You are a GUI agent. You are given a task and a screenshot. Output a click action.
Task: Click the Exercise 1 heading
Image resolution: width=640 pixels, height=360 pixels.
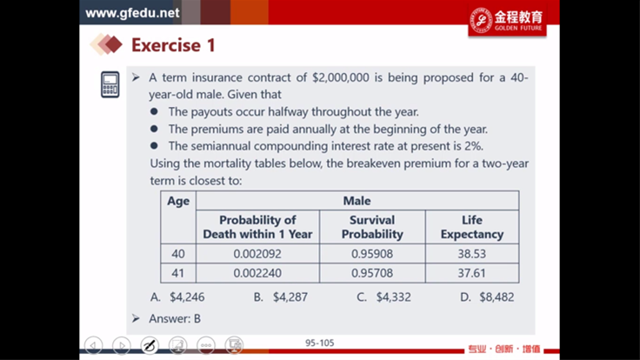click(x=173, y=45)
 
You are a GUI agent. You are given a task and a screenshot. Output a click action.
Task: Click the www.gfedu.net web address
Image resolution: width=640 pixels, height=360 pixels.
click(x=132, y=13)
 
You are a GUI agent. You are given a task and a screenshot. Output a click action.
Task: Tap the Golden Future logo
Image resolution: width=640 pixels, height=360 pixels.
click(x=507, y=20)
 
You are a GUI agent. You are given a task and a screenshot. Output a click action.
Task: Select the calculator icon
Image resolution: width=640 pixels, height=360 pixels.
click(x=110, y=84)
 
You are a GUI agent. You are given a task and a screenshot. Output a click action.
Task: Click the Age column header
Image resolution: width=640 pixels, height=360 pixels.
click(x=178, y=201)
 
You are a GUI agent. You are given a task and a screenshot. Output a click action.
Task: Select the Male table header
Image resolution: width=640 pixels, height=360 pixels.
click(x=357, y=200)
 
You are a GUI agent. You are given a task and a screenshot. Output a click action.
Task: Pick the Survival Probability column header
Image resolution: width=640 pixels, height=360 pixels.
click(x=372, y=227)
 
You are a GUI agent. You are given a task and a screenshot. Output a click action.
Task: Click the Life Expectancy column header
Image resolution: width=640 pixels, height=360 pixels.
click(x=472, y=227)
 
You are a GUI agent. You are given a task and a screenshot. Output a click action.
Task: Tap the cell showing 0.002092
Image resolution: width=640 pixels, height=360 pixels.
click(x=257, y=254)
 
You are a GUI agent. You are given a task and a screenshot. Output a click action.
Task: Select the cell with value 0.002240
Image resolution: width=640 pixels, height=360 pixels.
click(x=257, y=273)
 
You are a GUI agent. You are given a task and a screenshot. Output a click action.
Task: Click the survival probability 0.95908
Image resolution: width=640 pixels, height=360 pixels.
click(x=372, y=254)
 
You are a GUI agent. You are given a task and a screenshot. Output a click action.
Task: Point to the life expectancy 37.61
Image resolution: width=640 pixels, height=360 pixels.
click(x=472, y=273)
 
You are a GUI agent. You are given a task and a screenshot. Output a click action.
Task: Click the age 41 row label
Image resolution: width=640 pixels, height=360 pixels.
click(x=178, y=273)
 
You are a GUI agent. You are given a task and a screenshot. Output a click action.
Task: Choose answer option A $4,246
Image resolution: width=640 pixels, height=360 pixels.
click(x=177, y=297)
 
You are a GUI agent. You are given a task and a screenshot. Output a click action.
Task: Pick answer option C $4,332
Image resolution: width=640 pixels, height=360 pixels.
click(x=383, y=297)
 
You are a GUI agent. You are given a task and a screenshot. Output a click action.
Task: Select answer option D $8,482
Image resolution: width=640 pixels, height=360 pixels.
click(x=487, y=297)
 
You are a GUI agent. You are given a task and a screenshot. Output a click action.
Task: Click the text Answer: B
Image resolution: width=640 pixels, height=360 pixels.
click(x=175, y=318)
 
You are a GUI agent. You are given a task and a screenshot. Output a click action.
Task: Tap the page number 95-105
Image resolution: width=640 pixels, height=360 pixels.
click(x=320, y=343)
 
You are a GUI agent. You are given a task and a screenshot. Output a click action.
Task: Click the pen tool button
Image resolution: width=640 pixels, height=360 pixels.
click(x=150, y=346)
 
